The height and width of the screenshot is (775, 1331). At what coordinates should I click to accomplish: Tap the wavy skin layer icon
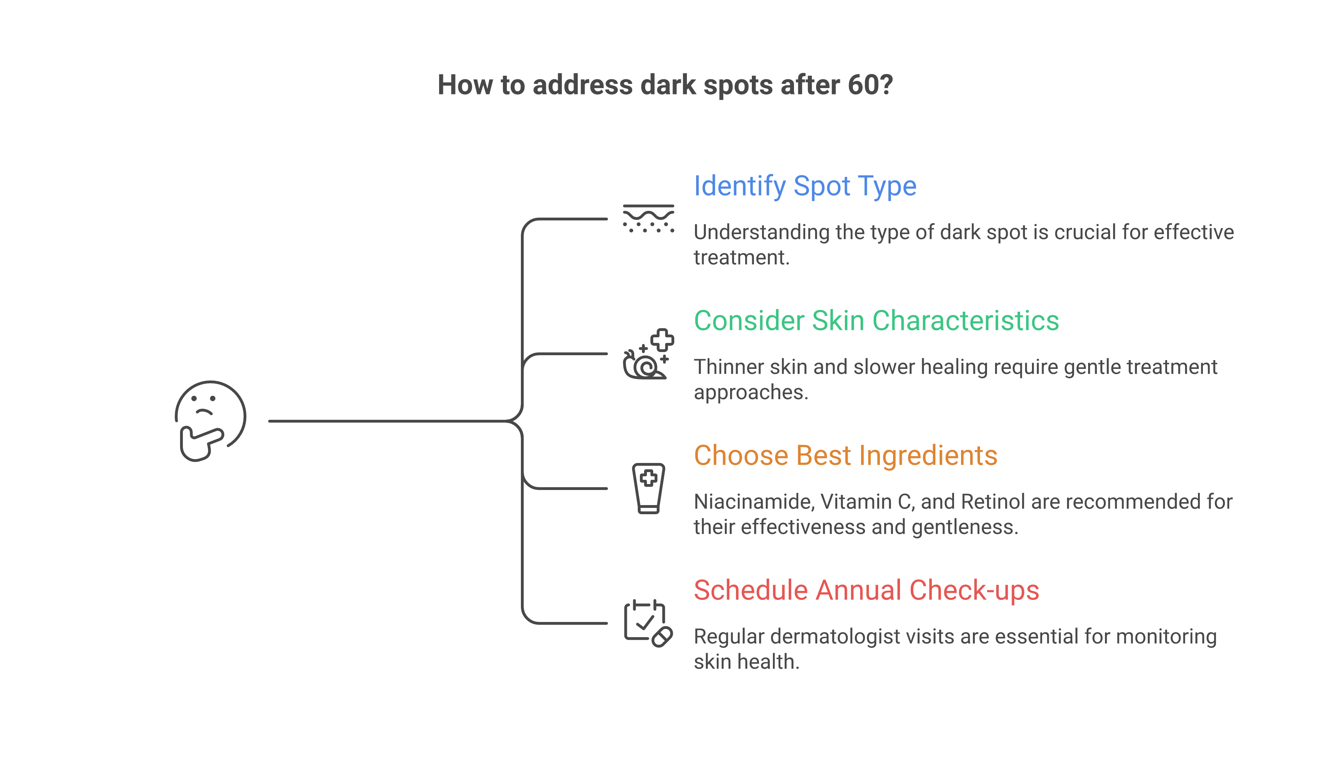pos(648,219)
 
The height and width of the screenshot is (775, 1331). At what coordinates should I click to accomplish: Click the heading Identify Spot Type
pos(804,186)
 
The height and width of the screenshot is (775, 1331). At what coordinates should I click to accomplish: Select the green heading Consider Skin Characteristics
pos(876,321)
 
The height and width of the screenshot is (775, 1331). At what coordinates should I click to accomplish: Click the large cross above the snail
pos(662,340)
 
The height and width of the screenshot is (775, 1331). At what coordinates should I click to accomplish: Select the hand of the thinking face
pos(200,443)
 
